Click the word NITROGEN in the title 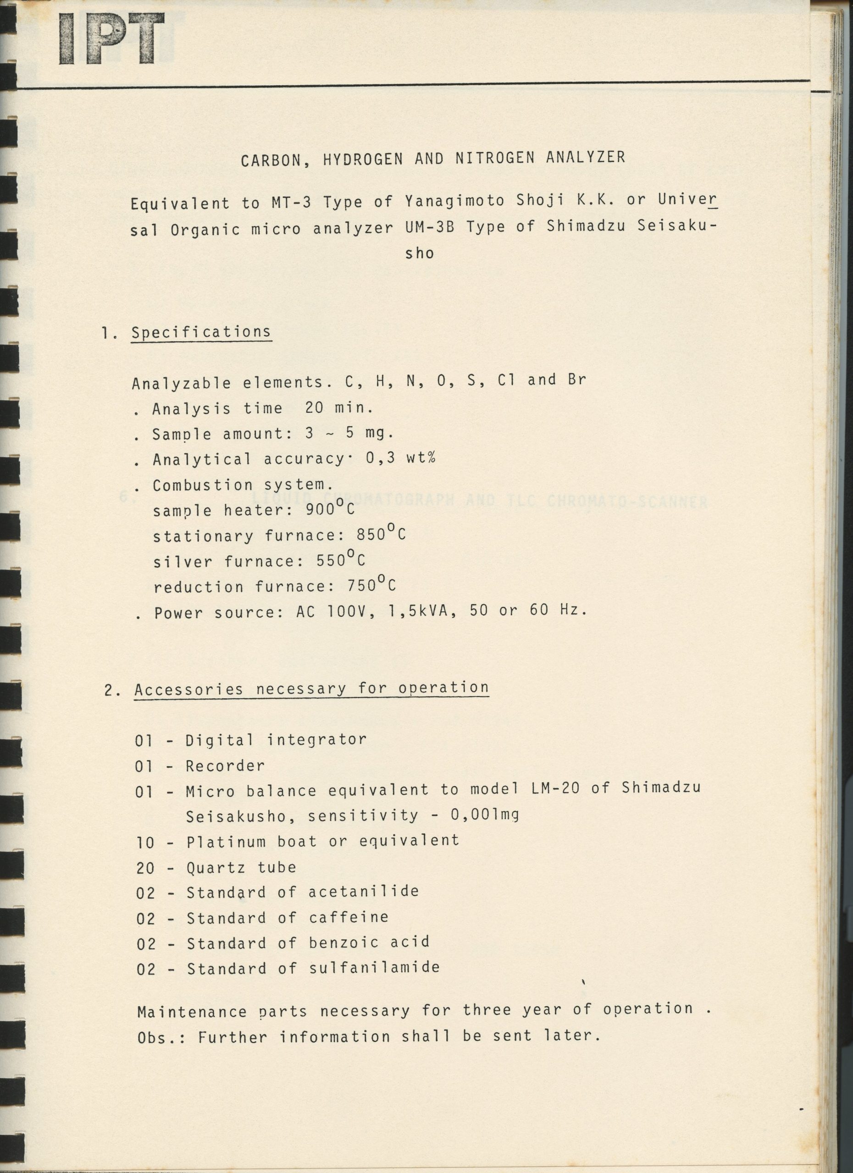click(x=495, y=158)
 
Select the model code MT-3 click(x=291, y=202)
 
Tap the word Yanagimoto click(x=454, y=201)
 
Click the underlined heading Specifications click(x=201, y=332)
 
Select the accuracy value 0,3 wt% click(x=400, y=458)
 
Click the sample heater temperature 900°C click(x=330, y=509)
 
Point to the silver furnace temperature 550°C click(x=341, y=559)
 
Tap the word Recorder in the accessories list click(x=225, y=766)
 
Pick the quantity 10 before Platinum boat click(x=145, y=843)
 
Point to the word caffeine click(x=349, y=917)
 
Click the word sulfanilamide click(x=374, y=968)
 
